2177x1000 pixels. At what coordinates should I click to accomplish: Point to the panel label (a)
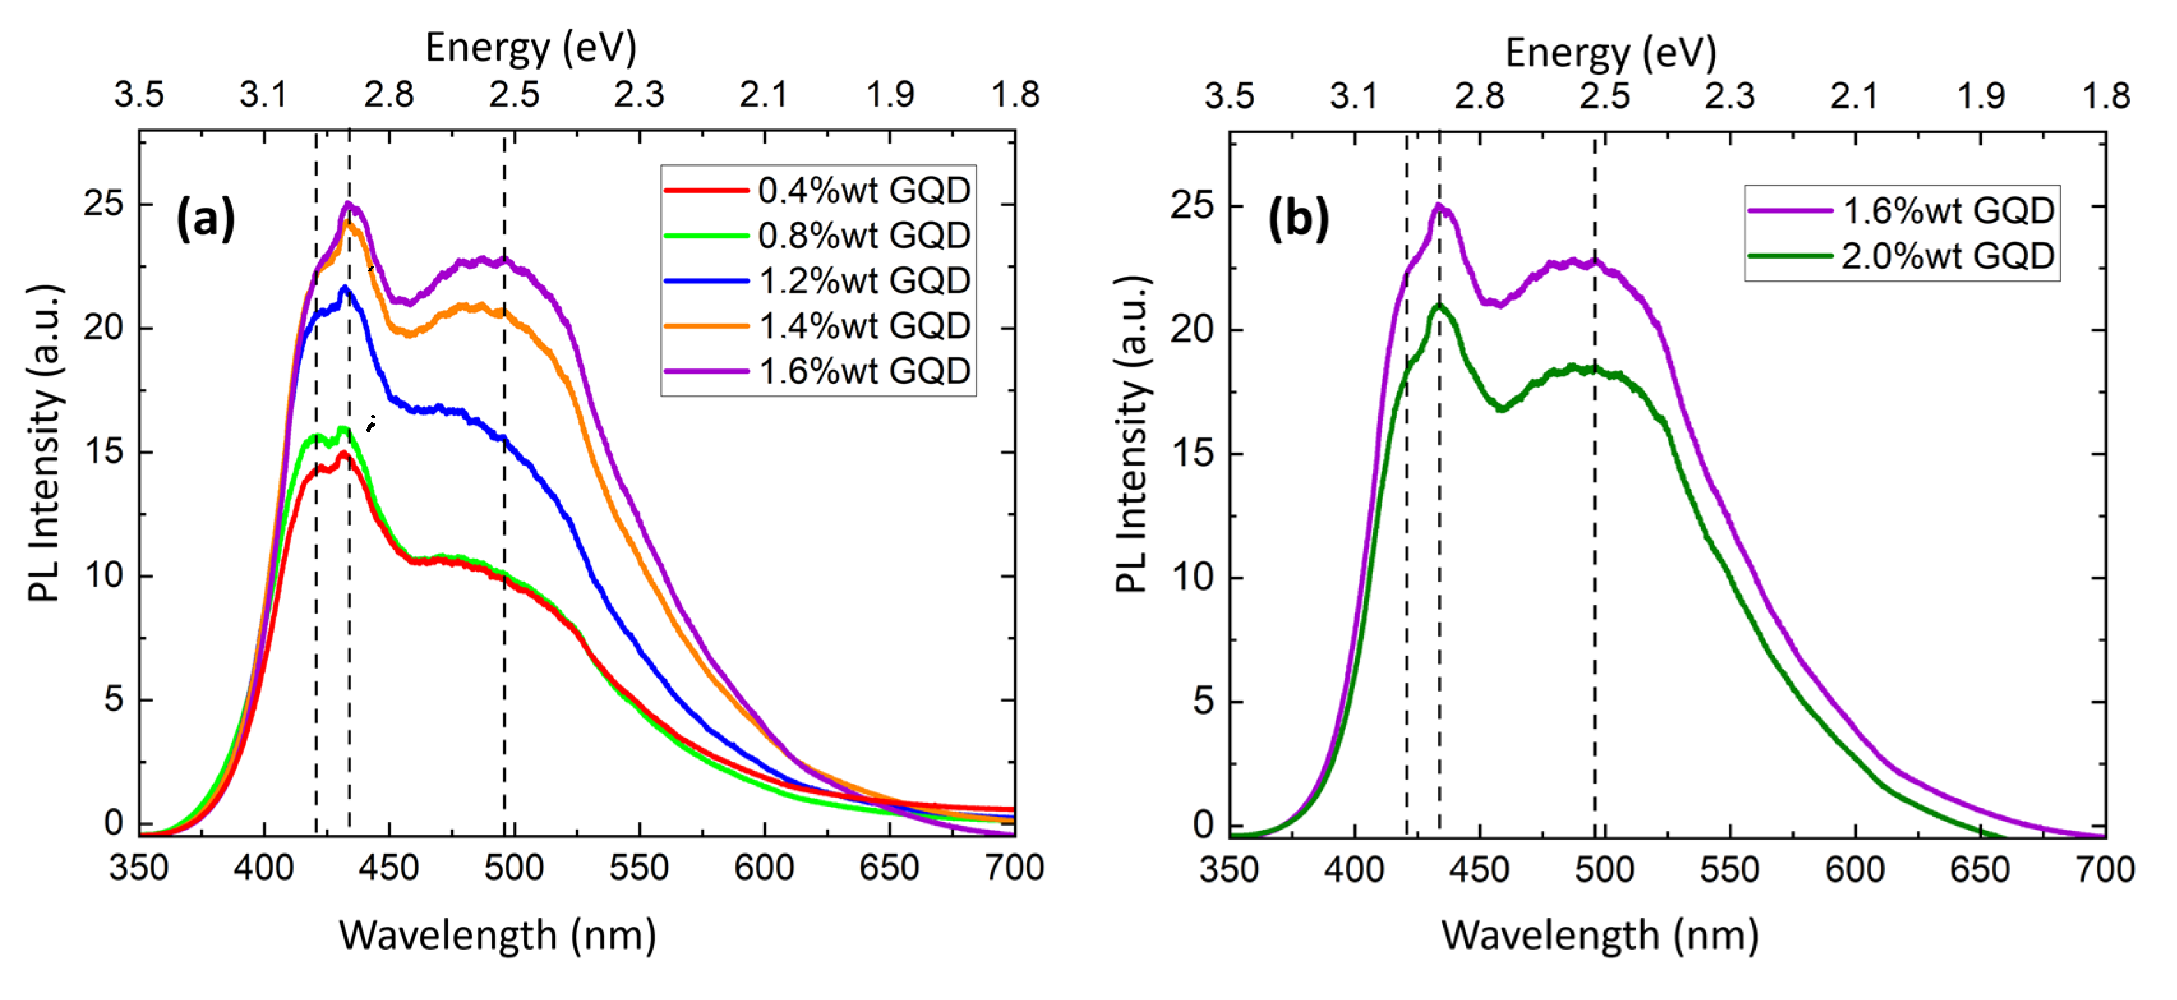(206, 220)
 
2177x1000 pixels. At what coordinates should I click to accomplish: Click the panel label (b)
(1298, 220)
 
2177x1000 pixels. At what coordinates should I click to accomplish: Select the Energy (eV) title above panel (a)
(531, 47)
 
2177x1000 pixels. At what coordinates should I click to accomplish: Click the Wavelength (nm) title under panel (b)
(1600, 936)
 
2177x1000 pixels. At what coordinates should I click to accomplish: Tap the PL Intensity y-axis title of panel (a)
(44, 443)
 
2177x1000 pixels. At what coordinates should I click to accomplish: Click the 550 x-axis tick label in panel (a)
(639, 868)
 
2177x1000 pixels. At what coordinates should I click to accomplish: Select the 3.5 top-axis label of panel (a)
(139, 95)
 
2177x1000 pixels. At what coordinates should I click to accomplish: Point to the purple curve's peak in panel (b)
(1438, 206)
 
